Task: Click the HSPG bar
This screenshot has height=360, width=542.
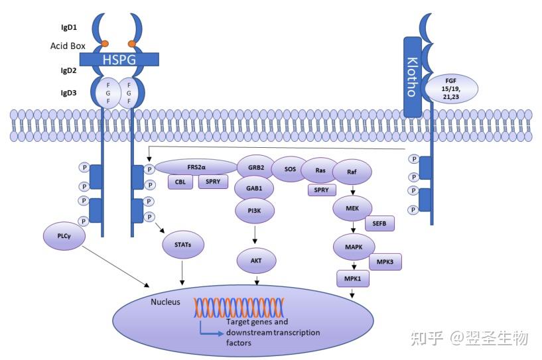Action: (x=119, y=60)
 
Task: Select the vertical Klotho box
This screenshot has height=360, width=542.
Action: (x=413, y=77)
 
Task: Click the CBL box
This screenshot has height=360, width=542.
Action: (x=180, y=181)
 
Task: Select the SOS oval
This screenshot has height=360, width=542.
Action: (x=290, y=169)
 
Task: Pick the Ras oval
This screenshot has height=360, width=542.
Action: (x=320, y=170)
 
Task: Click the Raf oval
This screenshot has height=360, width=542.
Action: (x=352, y=171)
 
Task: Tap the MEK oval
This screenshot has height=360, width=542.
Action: (x=352, y=208)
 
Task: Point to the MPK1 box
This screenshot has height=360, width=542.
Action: (x=352, y=279)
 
